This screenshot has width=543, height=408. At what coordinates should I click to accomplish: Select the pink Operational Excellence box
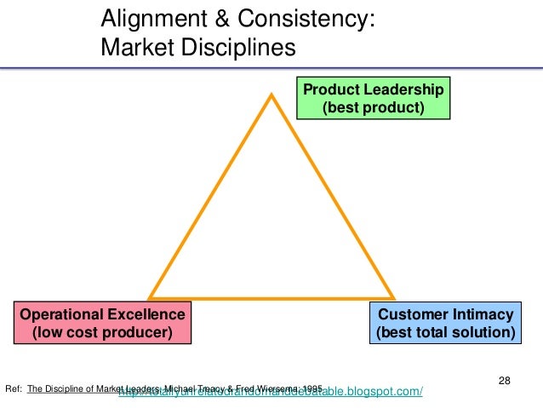[x=101, y=323]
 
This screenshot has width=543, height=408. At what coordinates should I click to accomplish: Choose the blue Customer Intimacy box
[x=446, y=323]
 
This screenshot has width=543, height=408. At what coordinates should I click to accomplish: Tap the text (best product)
[x=373, y=108]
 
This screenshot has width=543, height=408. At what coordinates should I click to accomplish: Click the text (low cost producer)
[x=101, y=332]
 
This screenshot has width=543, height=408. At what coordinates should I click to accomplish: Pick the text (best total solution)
[x=446, y=332]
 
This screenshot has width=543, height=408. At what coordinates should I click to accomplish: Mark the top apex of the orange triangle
[x=271, y=95]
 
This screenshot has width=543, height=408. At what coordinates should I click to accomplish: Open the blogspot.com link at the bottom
[x=272, y=392]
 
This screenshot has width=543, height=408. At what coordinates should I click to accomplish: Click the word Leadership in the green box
[x=406, y=89]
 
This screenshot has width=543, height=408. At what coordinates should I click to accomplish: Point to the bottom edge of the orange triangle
[x=271, y=298]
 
